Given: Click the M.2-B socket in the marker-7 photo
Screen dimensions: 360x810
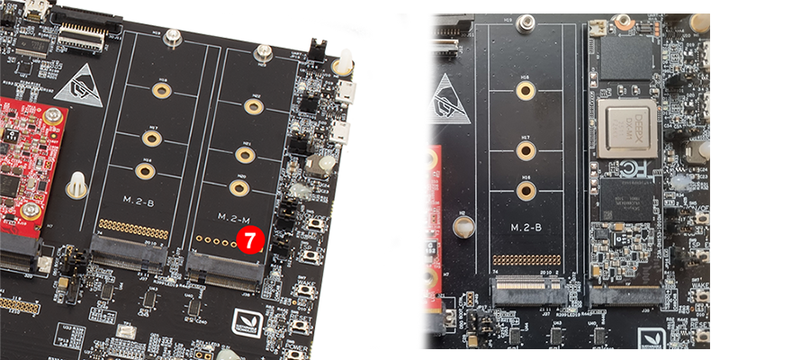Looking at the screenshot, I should pos(130,255).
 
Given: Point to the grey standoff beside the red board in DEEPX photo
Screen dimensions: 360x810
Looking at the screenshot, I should pos(463,225).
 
